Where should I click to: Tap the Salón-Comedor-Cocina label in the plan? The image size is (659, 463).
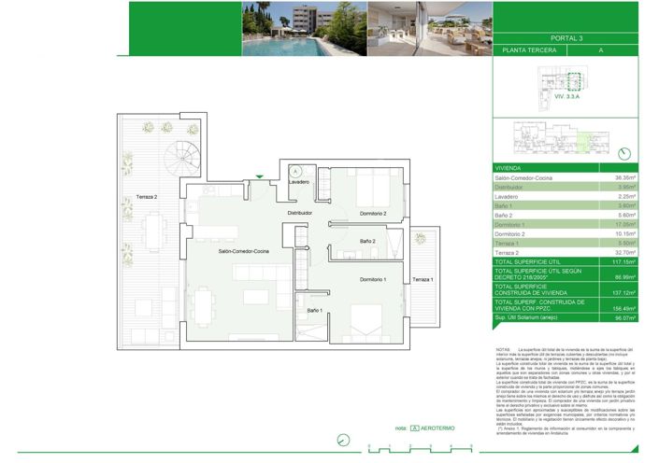(244, 251)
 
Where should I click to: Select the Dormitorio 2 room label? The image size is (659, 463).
(371, 214)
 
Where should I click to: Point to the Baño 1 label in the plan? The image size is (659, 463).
(314, 310)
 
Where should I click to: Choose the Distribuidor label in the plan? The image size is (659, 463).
(299, 213)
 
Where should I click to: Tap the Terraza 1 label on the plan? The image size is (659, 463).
(423, 279)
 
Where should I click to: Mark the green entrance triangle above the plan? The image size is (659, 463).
(260, 175)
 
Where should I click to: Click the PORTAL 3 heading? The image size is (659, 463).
(566, 38)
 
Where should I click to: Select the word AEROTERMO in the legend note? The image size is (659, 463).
(440, 428)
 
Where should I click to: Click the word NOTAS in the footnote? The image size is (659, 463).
(502, 348)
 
